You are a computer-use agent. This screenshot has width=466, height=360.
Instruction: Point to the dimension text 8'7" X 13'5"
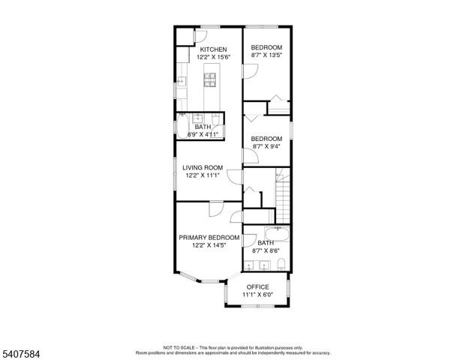pyautogui.click(x=266, y=56)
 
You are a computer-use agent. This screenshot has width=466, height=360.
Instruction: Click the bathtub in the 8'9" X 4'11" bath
pyautogui.click(x=183, y=124)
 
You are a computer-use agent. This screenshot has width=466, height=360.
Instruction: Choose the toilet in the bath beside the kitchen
pyautogui.click(x=215, y=120)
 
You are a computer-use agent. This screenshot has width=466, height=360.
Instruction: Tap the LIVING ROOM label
pyautogui.click(x=202, y=167)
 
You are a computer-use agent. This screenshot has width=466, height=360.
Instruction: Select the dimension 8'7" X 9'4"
pyautogui.click(x=266, y=146)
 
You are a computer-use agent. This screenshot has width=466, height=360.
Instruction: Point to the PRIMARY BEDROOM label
pyautogui.click(x=209, y=238)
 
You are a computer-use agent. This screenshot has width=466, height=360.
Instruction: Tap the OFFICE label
pyautogui.click(x=257, y=287)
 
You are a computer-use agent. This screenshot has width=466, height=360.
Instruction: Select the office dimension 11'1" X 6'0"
pyautogui.click(x=257, y=295)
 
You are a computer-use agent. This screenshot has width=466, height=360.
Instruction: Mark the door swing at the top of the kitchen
pyautogui.click(x=204, y=34)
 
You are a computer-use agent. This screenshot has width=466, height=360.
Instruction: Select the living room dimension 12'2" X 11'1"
pyautogui.click(x=202, y=175)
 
